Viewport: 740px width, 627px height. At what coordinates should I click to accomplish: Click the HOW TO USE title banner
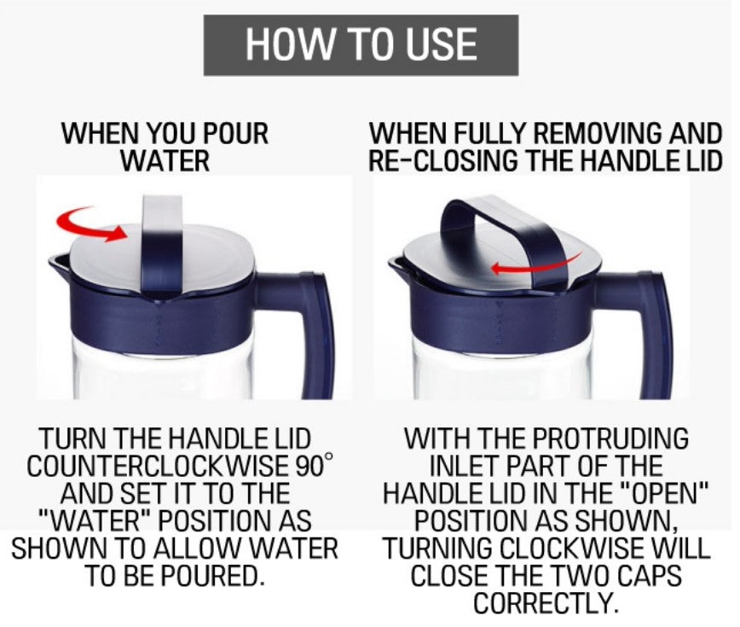pyautogui.click(x=361, y=45)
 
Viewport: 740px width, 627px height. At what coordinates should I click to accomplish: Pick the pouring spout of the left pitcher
pyautogui.click(x=59, y=265)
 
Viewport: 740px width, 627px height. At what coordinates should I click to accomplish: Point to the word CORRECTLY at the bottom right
pyautogui.click(x=546, y=602)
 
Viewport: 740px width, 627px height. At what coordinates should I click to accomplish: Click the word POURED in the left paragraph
pyautogui.click(x=215, y=575)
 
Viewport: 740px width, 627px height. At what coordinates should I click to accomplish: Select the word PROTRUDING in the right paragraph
pyautogui.click(x=610, y=438)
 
